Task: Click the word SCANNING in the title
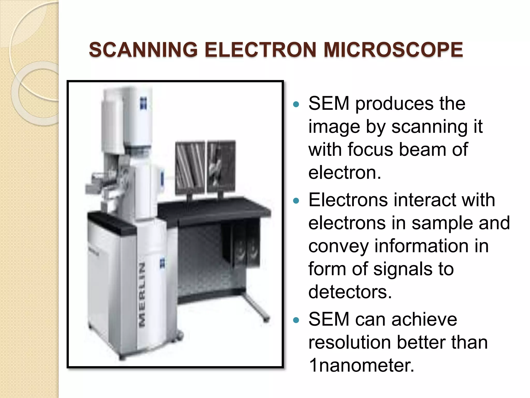(143, 50)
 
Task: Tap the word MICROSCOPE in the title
(393, 50)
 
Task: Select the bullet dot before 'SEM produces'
(296, 105)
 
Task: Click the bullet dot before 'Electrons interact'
(296, 201)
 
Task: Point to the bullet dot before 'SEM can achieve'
(296, 321)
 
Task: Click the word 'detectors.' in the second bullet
(350, 292)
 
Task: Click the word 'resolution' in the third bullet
(350, 343)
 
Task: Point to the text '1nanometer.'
(361, 366)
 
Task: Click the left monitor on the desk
(190, 167)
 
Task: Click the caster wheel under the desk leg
(266, 319)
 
